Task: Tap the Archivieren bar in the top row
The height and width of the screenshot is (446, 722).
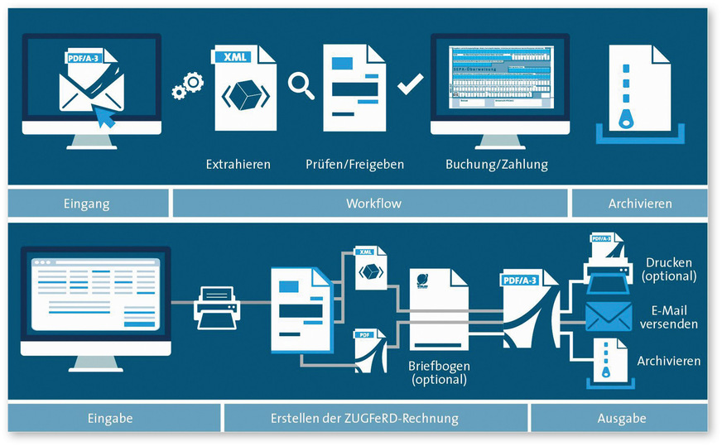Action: coord(640,203)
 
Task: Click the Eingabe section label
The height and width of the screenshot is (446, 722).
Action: coord(113,419)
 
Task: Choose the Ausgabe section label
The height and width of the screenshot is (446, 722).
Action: coord(621,419)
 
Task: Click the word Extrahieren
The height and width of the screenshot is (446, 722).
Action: coord(238,164)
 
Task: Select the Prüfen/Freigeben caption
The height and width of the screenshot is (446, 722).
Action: coord(354,164)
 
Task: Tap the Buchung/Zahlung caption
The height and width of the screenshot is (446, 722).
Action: coord(496,164)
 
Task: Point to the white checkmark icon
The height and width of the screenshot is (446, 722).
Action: coord(410,85)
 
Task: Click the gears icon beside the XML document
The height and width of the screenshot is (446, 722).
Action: coord(187,84)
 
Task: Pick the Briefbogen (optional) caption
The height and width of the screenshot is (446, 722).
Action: coord(438,372)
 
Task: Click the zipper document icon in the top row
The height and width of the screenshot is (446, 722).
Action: coord(637,91)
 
